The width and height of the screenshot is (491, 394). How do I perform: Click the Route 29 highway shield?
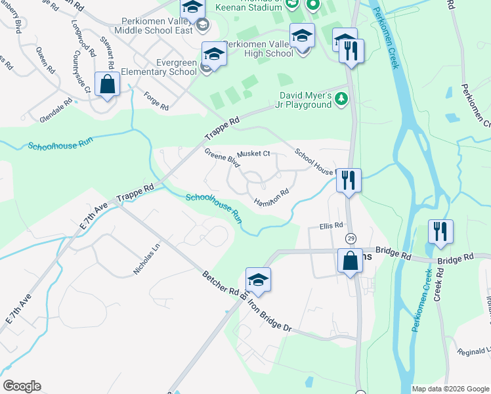351,238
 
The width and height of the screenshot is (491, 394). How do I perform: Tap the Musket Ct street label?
253,154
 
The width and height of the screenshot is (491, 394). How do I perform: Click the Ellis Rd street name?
331,225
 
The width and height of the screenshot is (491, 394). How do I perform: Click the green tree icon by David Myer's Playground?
341,99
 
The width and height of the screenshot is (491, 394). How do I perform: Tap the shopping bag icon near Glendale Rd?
107,84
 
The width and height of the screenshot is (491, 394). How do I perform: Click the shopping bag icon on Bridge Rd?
350,260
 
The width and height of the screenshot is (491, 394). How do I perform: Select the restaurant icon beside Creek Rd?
440,231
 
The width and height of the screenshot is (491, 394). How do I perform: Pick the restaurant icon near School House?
349,179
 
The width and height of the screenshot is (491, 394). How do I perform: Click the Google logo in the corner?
22,386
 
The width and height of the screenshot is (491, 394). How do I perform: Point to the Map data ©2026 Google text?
450,389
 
